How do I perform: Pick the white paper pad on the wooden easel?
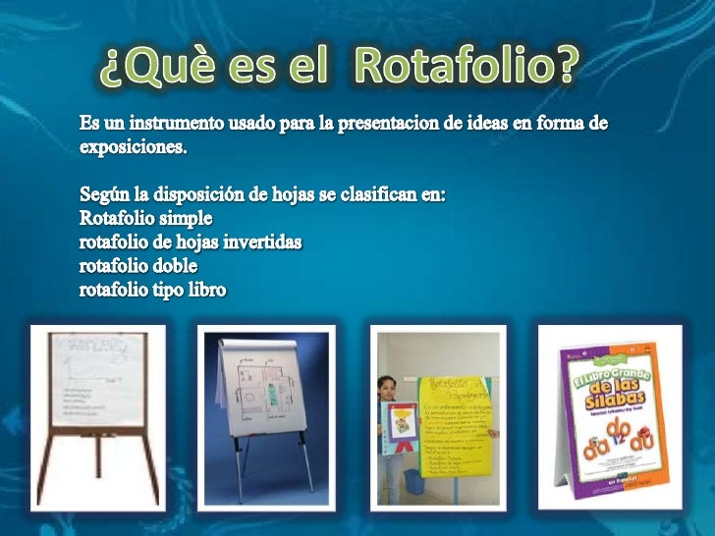(97, 378)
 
